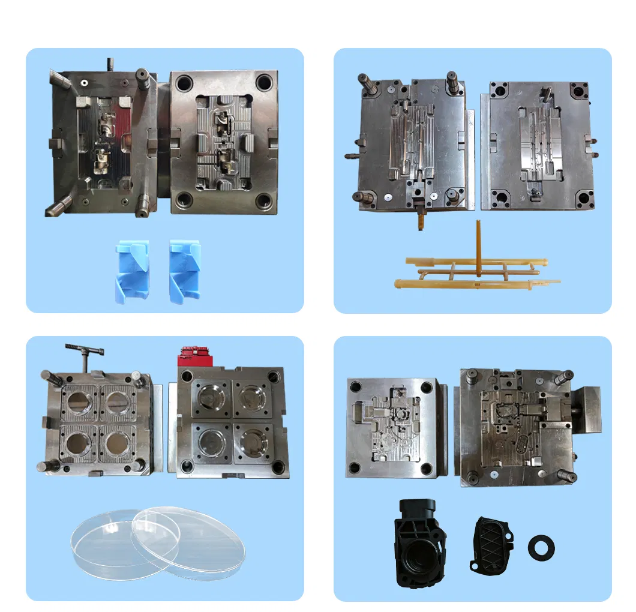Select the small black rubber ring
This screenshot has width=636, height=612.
point(541,547)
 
